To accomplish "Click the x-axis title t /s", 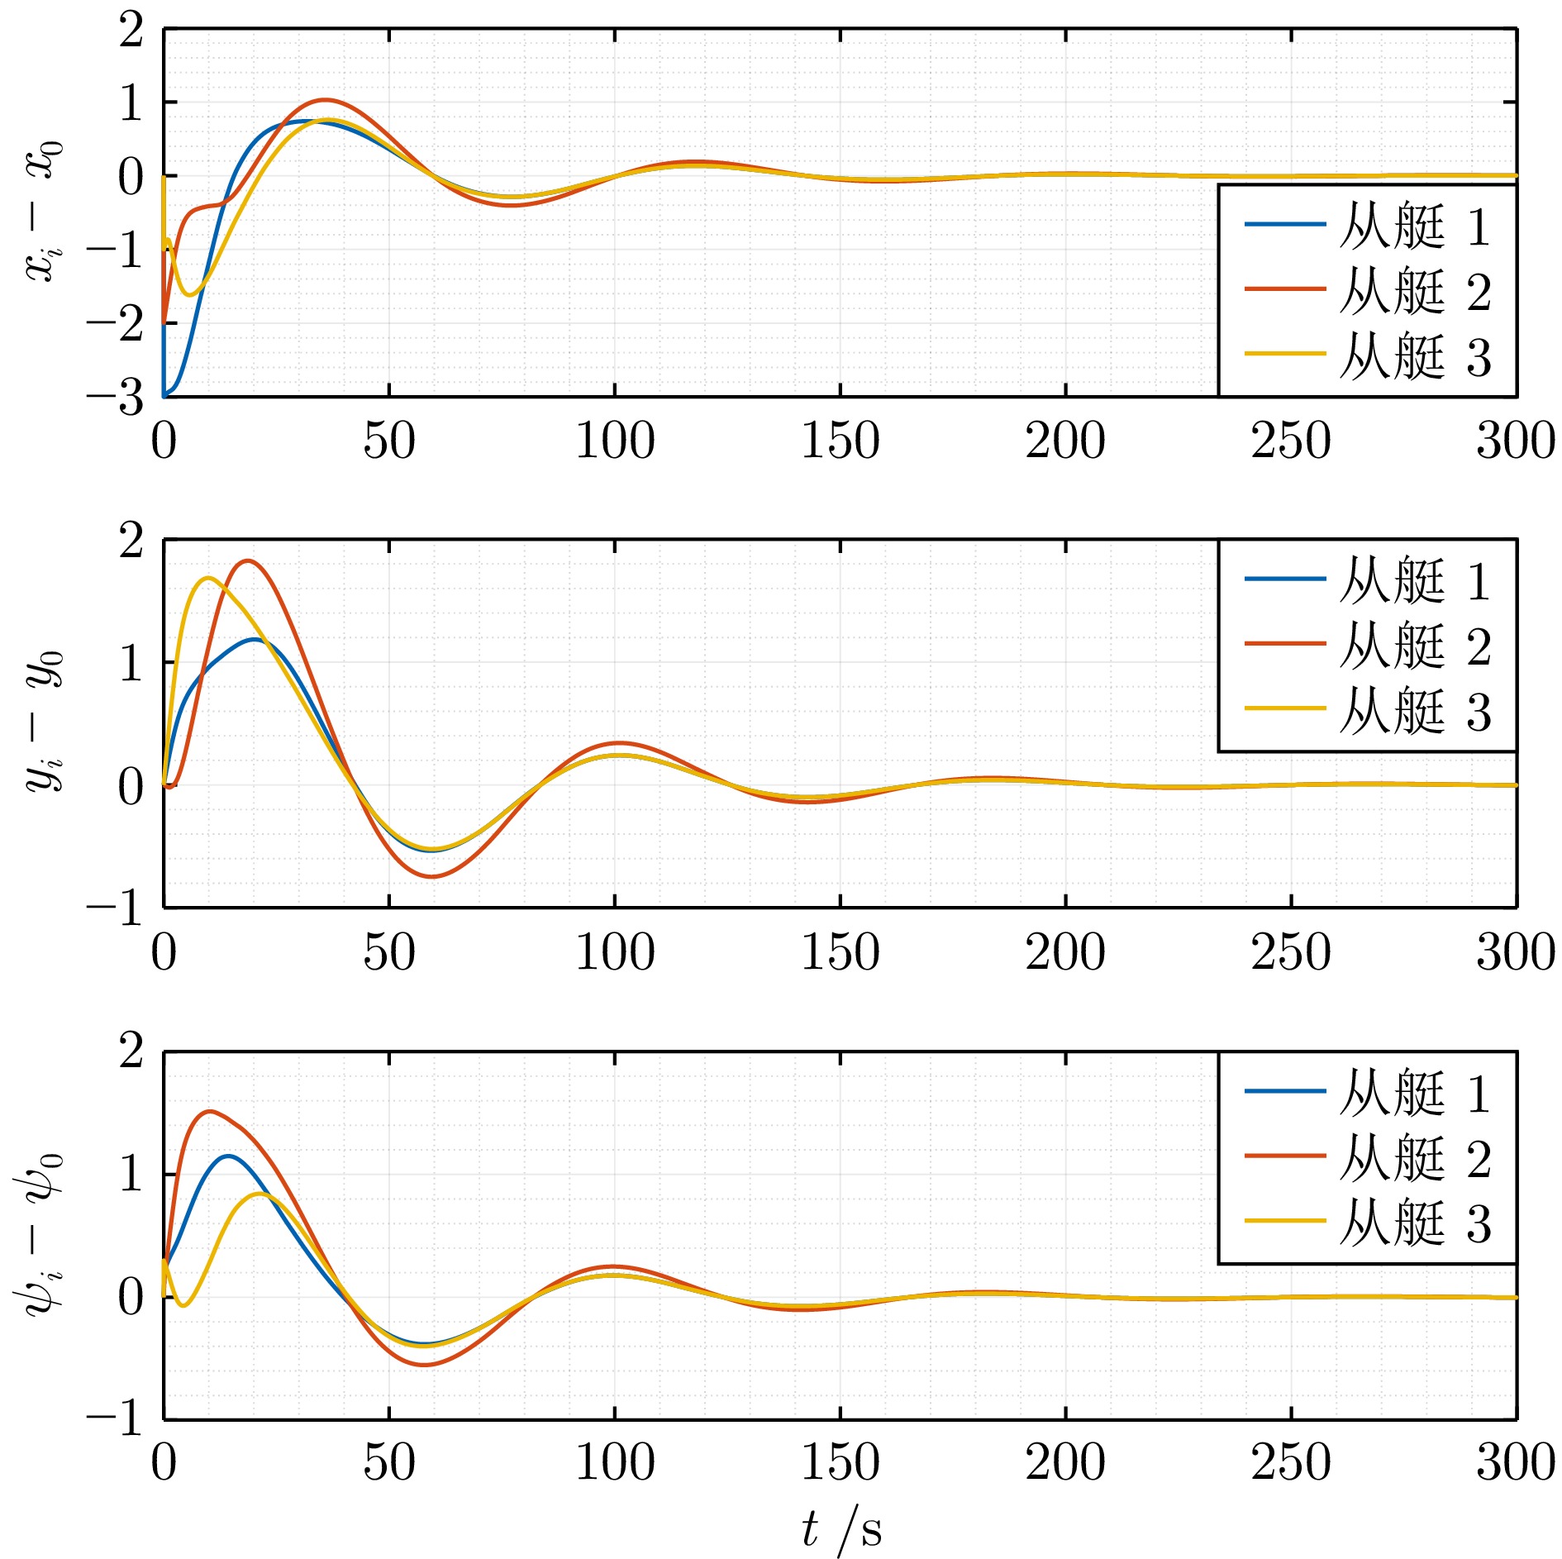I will pos(841,1528).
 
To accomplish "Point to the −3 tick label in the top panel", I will pos(116,398).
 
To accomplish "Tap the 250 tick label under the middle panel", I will pos(1291,952).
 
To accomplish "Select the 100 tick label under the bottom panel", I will pos(615,1462).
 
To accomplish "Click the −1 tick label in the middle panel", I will pos(116,908).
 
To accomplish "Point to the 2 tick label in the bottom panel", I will pos(131,1052).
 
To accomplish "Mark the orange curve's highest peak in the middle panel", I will pos(247,560).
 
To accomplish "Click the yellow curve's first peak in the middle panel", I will pos(207,578).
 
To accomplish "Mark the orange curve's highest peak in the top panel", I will pos(325,100).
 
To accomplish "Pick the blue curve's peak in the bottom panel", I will pos(227,1156).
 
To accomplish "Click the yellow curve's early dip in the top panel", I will pos(191,295).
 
